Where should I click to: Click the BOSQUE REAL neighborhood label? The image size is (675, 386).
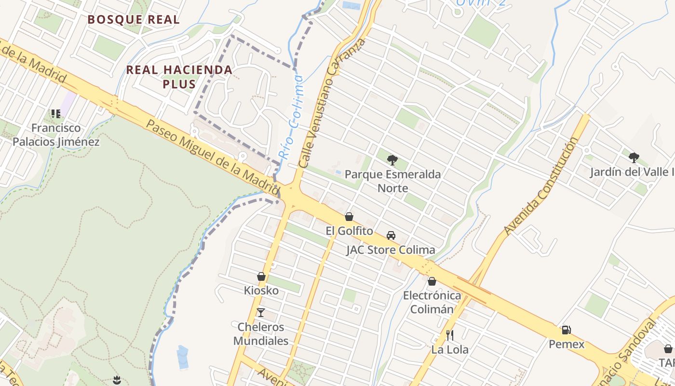coord(134,20)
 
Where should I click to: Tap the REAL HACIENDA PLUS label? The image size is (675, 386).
coord(179,77)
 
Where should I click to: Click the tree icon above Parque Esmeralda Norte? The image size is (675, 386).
coord(392,159)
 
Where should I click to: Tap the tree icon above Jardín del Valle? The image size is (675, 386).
coord(634,157)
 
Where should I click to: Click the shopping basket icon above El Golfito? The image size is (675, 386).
coord(349,217)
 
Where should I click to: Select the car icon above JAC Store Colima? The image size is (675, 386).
coord(391,235)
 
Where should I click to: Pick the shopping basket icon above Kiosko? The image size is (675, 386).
coord(261,276)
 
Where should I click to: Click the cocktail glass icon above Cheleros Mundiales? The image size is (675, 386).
coord(261,313)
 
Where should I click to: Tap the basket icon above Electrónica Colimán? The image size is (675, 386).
coord(432,281)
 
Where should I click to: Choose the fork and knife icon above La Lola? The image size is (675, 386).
coord(450,335)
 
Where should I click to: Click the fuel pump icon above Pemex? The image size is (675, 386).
coord(567,330)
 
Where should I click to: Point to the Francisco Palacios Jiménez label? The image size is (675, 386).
coord(56,135)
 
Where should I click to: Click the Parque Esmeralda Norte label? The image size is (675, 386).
coord(392,181)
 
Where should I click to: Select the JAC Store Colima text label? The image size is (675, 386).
coord(391,250)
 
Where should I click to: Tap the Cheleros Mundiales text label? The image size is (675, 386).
coord(261,334)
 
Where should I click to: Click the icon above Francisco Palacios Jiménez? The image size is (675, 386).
coord(56,114)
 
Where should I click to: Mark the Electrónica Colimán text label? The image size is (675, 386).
coord(432,303)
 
